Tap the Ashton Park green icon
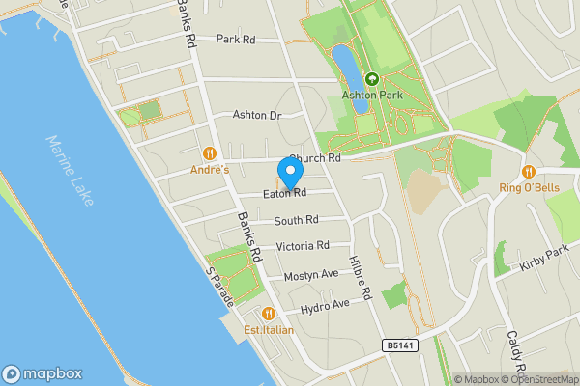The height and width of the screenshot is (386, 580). tap(370, 80)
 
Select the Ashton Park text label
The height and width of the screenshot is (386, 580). tap(370, 96)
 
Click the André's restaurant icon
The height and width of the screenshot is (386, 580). tap(210, 153)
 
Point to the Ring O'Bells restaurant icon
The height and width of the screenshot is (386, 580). tap(528, 171)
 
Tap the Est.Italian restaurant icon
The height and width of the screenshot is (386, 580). tap(268, 314)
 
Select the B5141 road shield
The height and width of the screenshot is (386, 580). tap(400, 345)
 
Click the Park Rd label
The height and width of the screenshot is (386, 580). tap(235, 40)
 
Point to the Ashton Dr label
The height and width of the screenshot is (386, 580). tap(256, 115)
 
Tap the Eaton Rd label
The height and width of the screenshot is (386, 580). tap(284, 193)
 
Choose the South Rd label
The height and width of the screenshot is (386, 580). tap(296, 221)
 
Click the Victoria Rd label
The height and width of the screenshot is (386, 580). tap(303, 246)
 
